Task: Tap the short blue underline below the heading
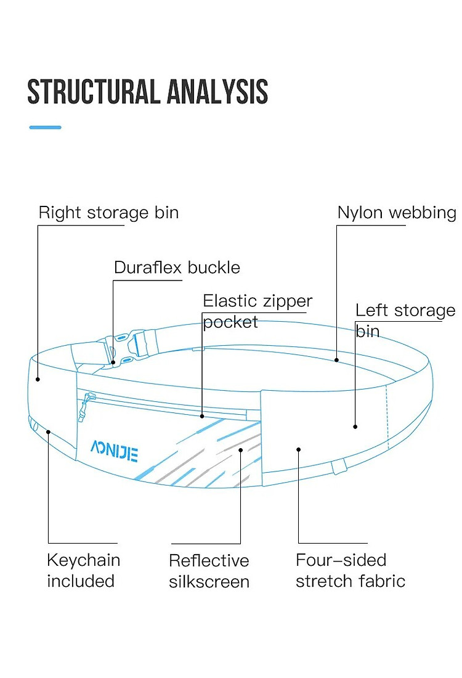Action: (46, 127)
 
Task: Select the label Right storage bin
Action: (108, 213)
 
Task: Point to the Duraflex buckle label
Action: (177, 268)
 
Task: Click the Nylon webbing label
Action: (397, 213)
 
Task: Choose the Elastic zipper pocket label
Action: (257, 311)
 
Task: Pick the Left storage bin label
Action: (405, 321)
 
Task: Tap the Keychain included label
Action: (83, 570)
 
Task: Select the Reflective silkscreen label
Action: (209, 571)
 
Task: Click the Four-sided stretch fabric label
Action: (351, 570)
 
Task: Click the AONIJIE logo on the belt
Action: (115, 451)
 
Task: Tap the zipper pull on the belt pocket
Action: (85, 406)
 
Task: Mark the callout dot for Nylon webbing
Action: (336, 360)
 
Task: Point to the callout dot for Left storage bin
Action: (355, 427)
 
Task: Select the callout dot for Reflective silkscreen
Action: (240, 450)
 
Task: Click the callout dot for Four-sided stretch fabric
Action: (298, 450)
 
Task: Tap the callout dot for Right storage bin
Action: (38, 380)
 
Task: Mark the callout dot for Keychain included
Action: (49, 431)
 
